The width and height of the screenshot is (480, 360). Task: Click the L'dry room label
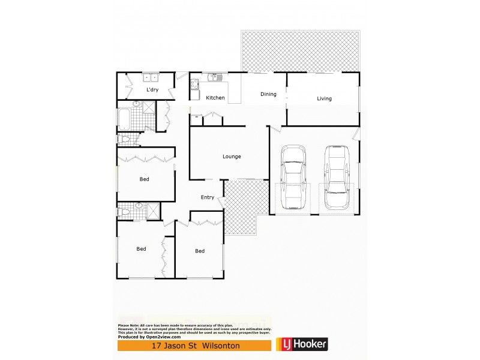pyautogui.click(x=152, y=90)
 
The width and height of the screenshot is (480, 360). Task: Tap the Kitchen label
pyautogui.click(x=215, y=98)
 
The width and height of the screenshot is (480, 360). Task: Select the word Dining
pyautogui.click(x=268, y=94)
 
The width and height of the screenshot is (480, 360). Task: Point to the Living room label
pyautogui.click(x=325, y=99)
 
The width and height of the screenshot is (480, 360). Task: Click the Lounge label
pyautogui.click(x=232, y=157)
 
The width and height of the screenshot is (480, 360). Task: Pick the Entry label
pyautogui.click(x=208, y=197)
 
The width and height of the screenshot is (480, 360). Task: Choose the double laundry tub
pyautogui.click(x=150, y=77)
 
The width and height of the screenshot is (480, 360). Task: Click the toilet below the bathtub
pyautogui.click(x=124, y=140)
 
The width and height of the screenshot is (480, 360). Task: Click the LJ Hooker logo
pyautogui.click(x=302, y=345)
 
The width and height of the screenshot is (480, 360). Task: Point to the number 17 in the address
pyautogui.click(x=158, y=346)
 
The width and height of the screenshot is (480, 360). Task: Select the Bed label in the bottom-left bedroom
pyautogui.click(x=141, y=249)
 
